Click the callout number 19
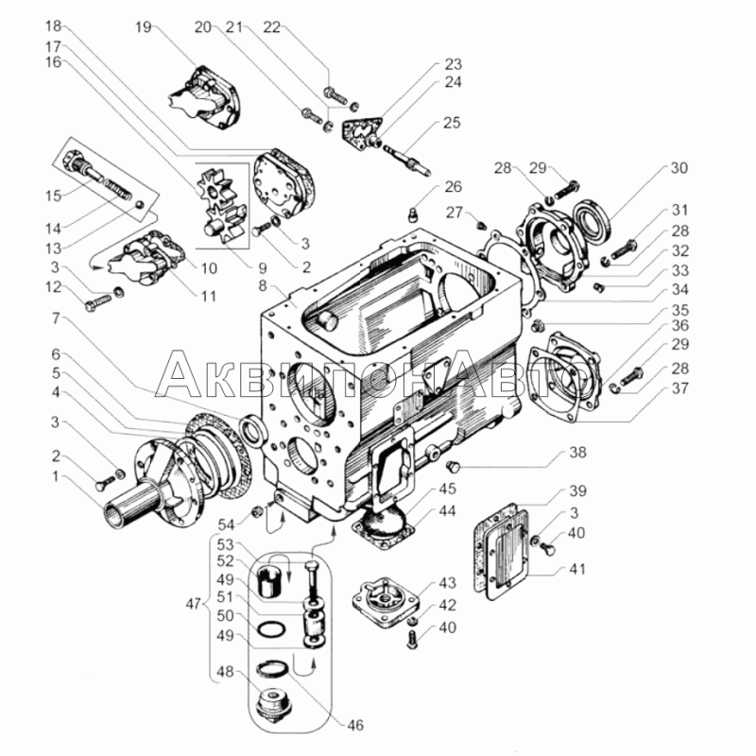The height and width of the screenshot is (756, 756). click(144, 27)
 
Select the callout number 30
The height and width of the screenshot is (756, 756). click(679, 168)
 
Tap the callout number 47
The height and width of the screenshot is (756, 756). click(194, 604)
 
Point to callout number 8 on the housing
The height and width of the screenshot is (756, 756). click(263, 285)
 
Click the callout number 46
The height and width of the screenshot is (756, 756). click(355, 725)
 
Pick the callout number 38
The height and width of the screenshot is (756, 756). click(577, 453)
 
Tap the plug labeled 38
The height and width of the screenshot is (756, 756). click(453, 466)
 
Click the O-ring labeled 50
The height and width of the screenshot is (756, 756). click(271, 628)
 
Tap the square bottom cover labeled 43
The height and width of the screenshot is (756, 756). click(385, 602)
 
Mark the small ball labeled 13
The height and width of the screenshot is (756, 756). click(138, 205)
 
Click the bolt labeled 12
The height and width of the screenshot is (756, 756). click(98, 302)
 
